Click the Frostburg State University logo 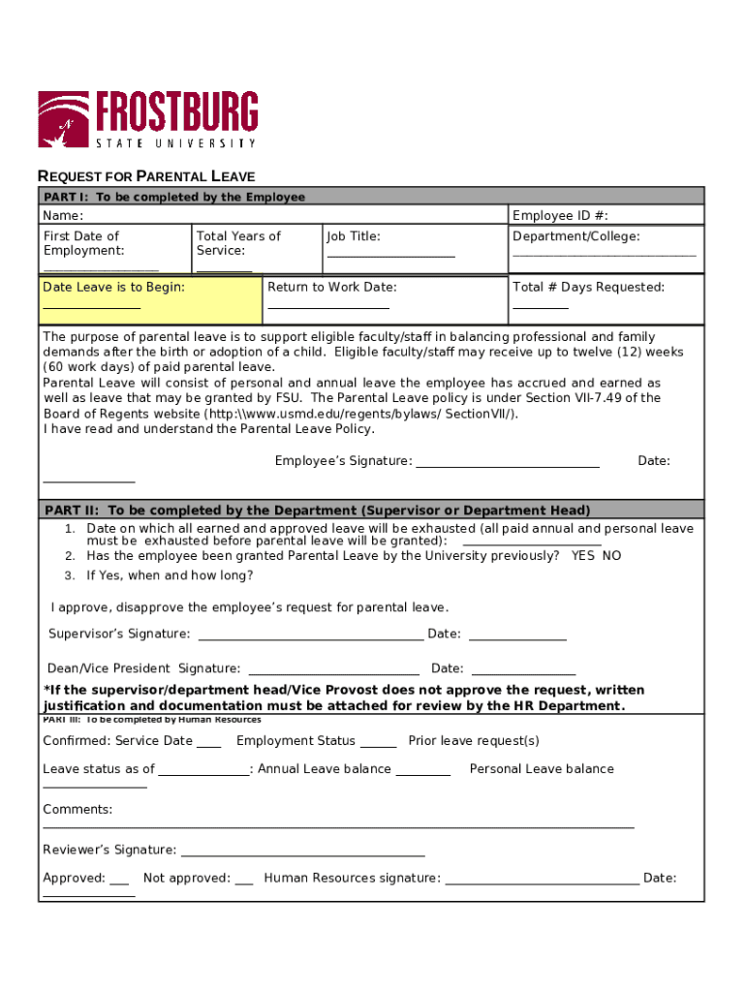click(x=147, y=119)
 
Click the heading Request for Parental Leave click(x=146, y=176)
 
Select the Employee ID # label click(x=567, y=216)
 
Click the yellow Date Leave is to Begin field click(x=150, y=299)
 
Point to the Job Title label click(x=354, y=236)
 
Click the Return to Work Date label click(x=332, y=288)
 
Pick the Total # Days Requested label click(x=588, y=288)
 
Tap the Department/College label click(x=576, y=236)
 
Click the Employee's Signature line click(x=507, y=465)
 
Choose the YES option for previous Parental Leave click(x=583, y=556)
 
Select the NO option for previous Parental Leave click(x=611, y=556)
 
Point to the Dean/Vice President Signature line click(x=334, y=672)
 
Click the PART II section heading click(x=318, y=511)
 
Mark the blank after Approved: click(x=119, y=883)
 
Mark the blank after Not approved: click(x=244, y=883)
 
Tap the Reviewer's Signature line click(x=302, y=854)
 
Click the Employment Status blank click(x=379, y=746)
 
